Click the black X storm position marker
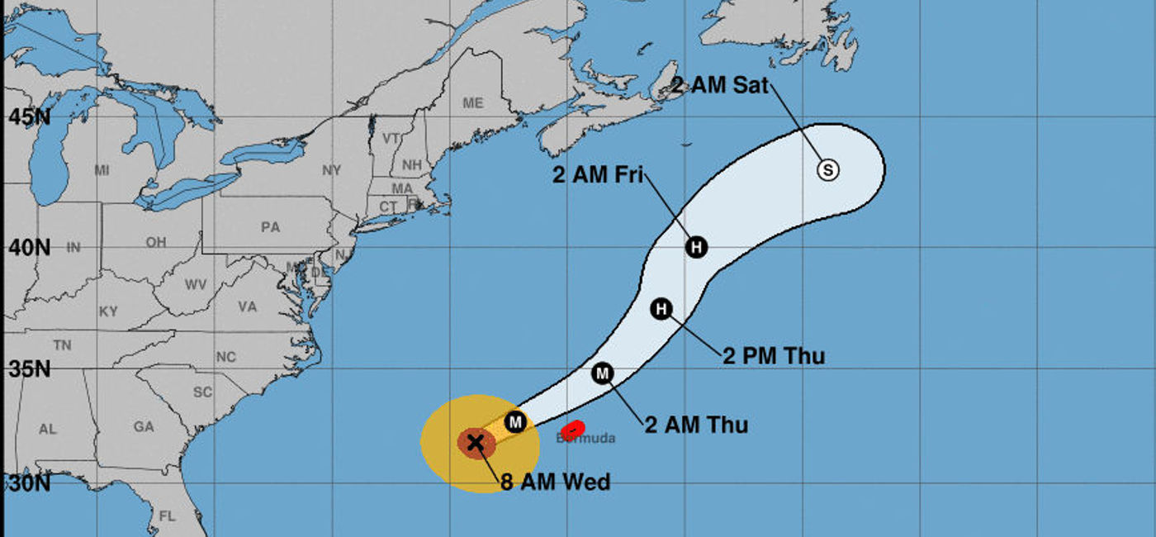(x=476, y=442)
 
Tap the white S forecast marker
(x=828, y=170)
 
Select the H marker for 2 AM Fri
(x=697, y=246)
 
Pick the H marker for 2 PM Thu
(x=661, y=309)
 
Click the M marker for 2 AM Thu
(x=603, y=373)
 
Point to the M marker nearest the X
(x=516, y=421)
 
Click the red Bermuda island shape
(x=573, y=430)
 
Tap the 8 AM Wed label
(x=555, y=482)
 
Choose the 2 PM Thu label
(x=774, y=356)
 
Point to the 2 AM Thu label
(x=696, y=425)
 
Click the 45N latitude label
(x=29, y=116)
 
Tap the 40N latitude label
(x=29, y=247)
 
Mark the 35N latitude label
(x=29, y=368)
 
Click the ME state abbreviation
(x=472, y=103)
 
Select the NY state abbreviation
(x=331, y=170)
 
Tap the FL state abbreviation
(x=168, y=516)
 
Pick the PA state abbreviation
(x=270, y=227)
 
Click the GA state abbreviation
(x=144, y=427)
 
